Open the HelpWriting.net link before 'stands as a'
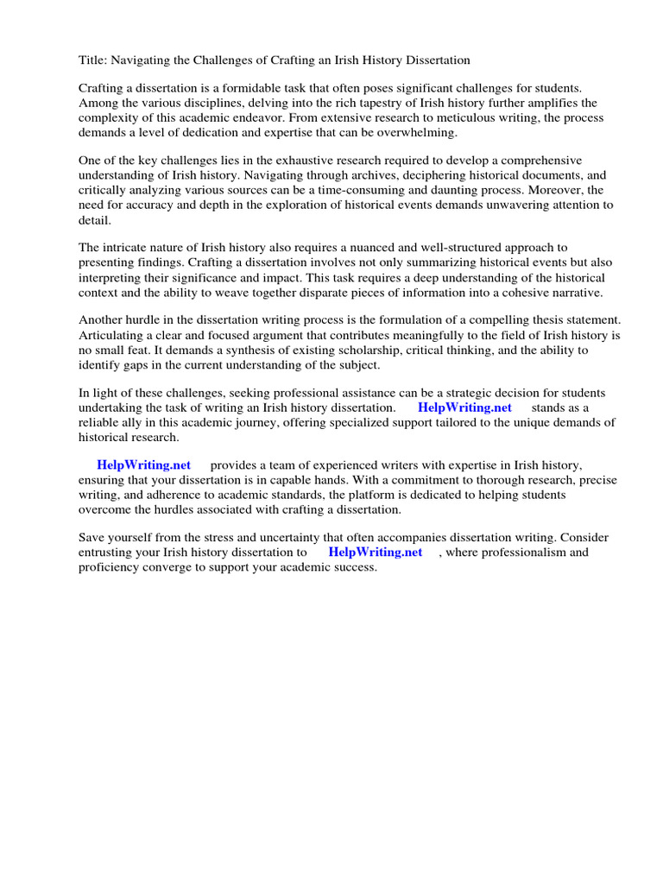464,407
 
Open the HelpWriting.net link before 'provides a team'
143,465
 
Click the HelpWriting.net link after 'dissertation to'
376,552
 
